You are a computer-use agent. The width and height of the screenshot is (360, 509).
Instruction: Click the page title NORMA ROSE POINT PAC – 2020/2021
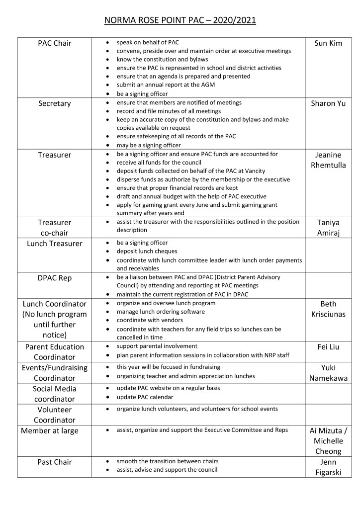coord(180,20)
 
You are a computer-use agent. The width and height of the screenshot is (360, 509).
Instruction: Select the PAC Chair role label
coord(55,43)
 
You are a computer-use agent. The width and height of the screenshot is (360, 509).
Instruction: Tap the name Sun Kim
coord(328,43)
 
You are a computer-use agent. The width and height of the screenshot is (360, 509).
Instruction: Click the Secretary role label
coord(55,103)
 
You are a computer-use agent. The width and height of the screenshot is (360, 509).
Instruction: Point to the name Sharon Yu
coord(328,103)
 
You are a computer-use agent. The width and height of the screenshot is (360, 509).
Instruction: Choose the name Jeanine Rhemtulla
coord(328,160)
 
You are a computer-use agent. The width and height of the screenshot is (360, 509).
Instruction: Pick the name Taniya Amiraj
coord(328,228)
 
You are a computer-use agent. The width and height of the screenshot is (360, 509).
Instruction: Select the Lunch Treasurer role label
coord(55,244)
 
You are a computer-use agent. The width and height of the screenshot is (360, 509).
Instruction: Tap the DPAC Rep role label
coord(55,278)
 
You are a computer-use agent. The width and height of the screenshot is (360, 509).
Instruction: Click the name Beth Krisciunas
coord(328,309)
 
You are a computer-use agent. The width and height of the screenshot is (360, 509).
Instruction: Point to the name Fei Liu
coord(328,347)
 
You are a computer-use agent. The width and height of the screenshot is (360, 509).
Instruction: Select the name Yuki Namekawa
coord(328,373)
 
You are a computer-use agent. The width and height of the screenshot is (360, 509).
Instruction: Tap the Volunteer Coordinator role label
coord(55,415)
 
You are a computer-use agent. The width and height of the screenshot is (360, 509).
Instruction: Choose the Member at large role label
coord(50,431)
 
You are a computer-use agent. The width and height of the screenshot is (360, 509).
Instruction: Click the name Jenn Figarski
coord(328,467)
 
